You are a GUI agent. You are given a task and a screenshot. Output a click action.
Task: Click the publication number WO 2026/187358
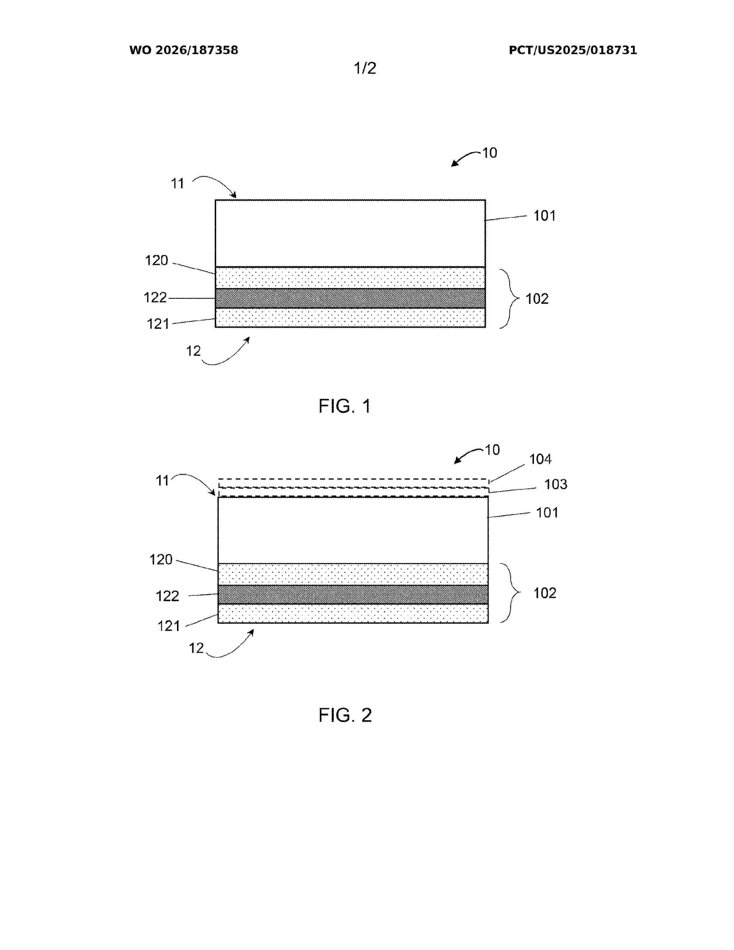(x=184, y=50)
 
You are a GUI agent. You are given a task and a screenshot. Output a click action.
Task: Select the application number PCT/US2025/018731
(x=573, y=50)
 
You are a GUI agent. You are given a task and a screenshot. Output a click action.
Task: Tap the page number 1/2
(x=365, y=68)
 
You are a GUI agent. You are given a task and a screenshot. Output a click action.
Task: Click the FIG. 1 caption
(x=344, y=406)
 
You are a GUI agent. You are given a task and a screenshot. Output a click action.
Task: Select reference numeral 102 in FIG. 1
(x=537, y=299)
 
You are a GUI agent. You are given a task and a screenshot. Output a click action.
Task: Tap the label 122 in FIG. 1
(x=155, y=298)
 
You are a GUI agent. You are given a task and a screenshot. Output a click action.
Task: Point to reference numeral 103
(x=556, y=484)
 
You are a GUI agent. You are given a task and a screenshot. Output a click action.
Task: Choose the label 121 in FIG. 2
(x=169, y=626)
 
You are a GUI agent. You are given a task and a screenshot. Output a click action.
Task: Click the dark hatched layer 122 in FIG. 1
(x=351, y=299)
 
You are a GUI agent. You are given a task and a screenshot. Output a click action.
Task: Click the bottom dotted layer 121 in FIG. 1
(x=351, y=318)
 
